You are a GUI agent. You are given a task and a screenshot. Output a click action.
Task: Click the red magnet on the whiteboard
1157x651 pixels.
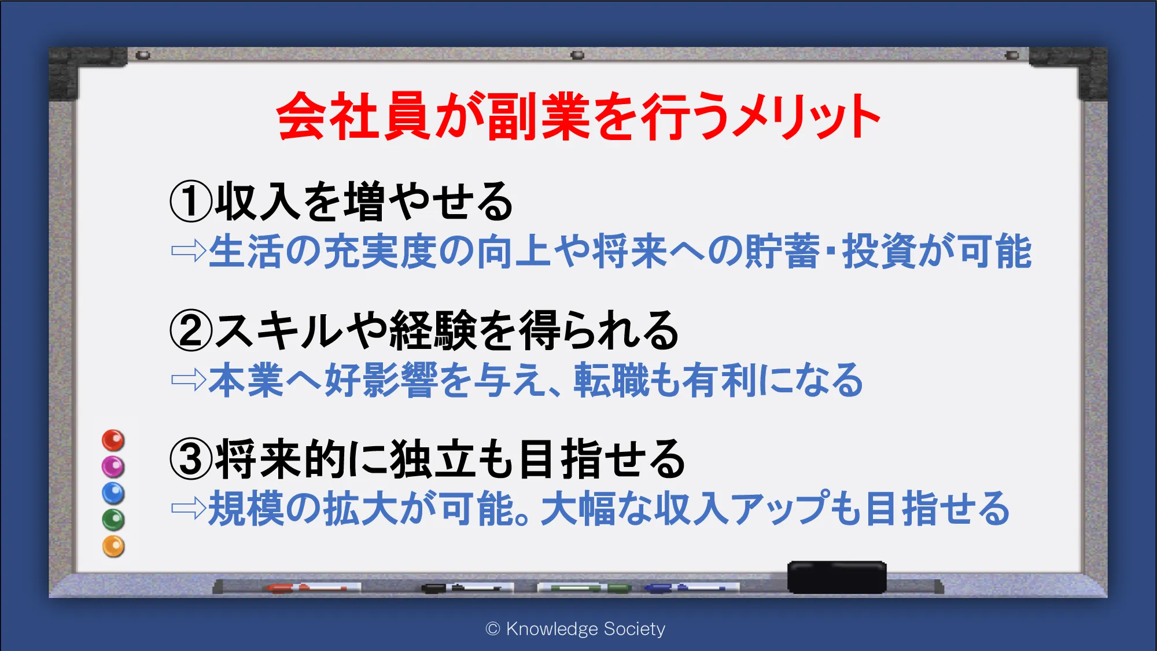tap(113, 440)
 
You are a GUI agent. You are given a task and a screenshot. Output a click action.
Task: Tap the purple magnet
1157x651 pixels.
tap(113, 466)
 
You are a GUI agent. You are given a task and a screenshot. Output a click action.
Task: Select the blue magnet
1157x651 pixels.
tap(113, 493)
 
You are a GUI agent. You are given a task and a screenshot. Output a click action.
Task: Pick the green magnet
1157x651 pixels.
tap(113, 520)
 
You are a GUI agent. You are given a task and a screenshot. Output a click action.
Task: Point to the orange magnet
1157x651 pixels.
tap(113, 546)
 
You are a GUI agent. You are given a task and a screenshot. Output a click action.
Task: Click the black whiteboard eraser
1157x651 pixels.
tap(837, 577)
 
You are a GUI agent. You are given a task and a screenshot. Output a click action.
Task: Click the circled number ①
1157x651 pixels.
tap(191, 201)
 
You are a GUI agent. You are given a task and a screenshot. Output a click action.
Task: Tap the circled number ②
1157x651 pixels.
tap(191, 330)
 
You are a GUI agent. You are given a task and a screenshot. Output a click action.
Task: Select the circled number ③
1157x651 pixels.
tap(191, 459)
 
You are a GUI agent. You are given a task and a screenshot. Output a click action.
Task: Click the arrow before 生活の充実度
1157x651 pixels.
tap(189, 251)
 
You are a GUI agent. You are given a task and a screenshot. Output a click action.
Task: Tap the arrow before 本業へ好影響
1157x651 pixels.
tap(189, 380)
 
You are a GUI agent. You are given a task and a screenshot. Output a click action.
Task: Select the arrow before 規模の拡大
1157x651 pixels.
tap(189, 509)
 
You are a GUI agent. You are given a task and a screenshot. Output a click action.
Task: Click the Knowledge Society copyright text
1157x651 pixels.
tap(576, 629)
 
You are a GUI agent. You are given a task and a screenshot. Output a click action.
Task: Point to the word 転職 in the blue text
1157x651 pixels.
tap(611, 380)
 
